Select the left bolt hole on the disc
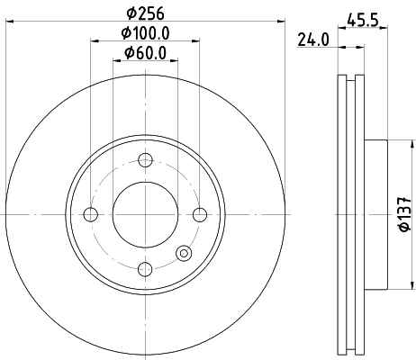coord(89,214)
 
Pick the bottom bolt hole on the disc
coord(144,268)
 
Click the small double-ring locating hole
coord(185,254)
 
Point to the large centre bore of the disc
coord(144,214)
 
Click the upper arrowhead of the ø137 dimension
coord(394,145)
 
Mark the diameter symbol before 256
coord(131,13)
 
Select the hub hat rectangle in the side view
coord(376,214)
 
